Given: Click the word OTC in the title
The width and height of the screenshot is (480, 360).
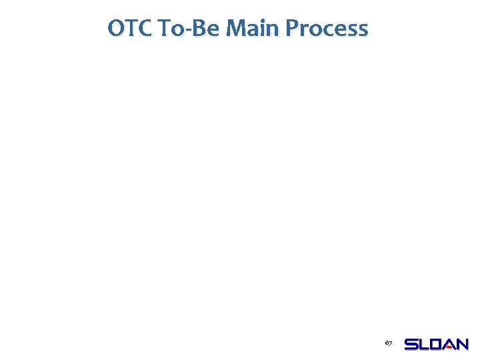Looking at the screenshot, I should tap(130, 29).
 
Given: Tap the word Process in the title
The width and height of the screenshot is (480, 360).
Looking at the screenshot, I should tap(327, 29).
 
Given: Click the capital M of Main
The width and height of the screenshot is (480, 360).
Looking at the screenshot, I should tap(235, 29).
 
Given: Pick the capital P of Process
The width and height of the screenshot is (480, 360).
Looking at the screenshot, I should tap(292, 29).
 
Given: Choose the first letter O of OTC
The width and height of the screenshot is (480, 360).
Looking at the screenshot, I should tap(116, 29).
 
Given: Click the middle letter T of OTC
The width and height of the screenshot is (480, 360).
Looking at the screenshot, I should tap(131, 29).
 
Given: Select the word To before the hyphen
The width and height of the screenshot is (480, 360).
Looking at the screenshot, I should tap(171, 29).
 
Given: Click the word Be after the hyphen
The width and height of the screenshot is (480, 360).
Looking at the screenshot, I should tap(204, 29).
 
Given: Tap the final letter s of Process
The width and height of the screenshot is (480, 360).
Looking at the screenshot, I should tap(362, 31).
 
